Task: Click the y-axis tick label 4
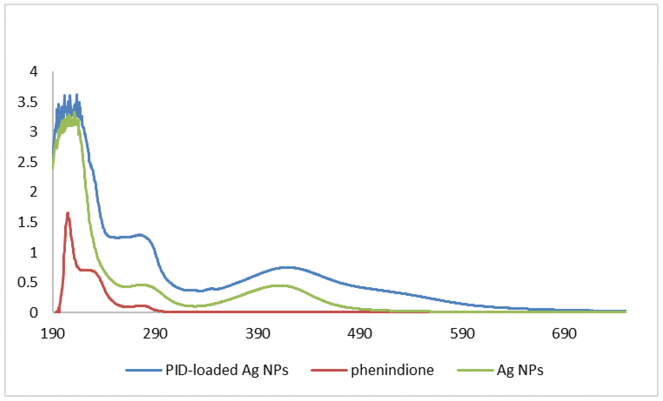pyautogui.click(x=34, y=72)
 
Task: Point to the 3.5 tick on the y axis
pyautogui.click(x=27, y=102)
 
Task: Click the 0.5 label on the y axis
pyautogui.click(x=27, y=283)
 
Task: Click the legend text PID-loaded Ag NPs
pyautogui.click(x=227, y=370)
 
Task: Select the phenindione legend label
pyautogui.click(x=392, y=370)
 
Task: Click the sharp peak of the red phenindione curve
pyautogui.click(x=68, y=213)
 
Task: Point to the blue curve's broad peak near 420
pyautogui.click(x=288, y=268)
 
